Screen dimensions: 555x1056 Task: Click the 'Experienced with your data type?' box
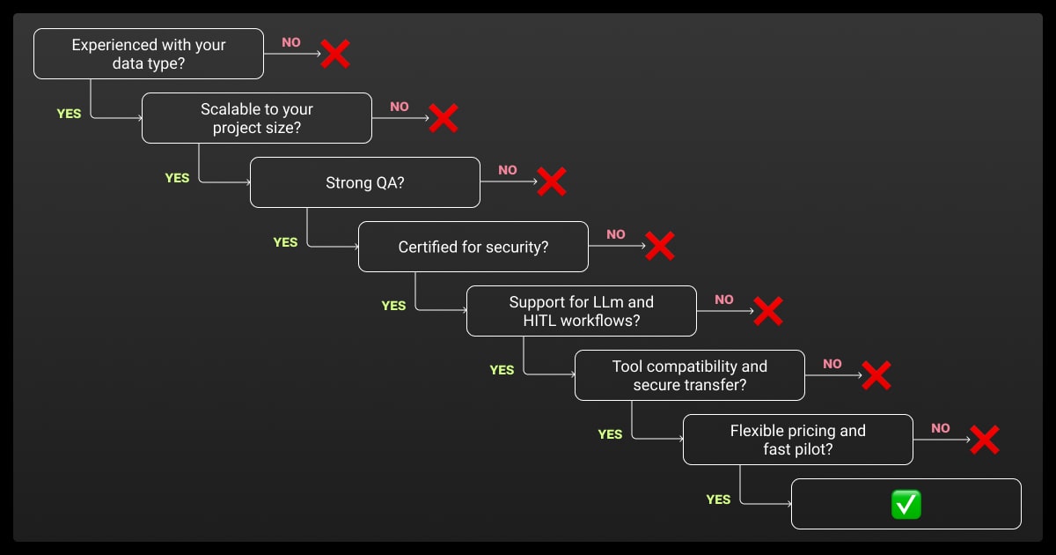point(148,54)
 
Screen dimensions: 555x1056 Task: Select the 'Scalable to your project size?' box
point(256,118)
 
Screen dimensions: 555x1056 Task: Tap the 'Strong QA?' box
point(364,182)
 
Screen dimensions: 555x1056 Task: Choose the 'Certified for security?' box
point(473,247)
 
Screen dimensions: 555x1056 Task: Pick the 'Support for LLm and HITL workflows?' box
point(581,311)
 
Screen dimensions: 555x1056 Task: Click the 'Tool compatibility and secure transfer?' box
point(689,375)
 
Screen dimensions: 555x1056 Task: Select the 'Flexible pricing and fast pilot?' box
point(797,440)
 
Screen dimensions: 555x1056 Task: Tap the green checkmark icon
point(906,505)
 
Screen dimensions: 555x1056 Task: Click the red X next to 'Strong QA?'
point(551,181)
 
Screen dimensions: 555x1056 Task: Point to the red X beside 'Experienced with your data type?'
point(334,54)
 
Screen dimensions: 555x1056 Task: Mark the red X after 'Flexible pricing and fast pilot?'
point(984,440)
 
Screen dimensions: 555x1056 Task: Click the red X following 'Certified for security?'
point(659,246)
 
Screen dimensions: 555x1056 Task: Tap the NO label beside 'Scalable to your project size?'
point(400,107)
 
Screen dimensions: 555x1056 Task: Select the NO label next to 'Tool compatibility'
point(832,364)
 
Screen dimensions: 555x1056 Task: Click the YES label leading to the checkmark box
point(718,499)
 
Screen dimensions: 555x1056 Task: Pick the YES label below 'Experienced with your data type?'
point(69,114)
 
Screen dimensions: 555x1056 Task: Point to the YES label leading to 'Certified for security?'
point(285,242)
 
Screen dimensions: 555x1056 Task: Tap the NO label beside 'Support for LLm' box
point(724,300)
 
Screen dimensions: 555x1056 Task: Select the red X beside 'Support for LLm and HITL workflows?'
point(767,310)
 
